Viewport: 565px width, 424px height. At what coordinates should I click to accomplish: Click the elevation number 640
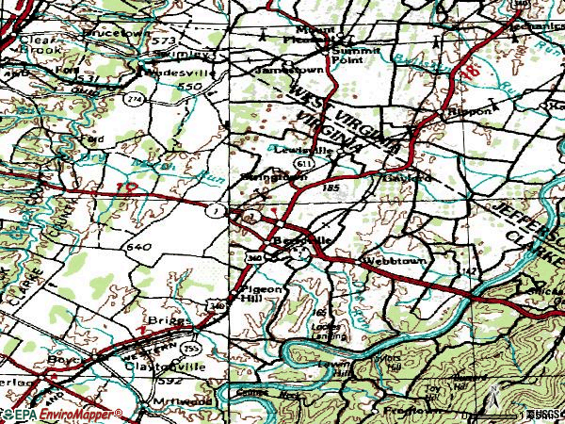pos(137,247)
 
